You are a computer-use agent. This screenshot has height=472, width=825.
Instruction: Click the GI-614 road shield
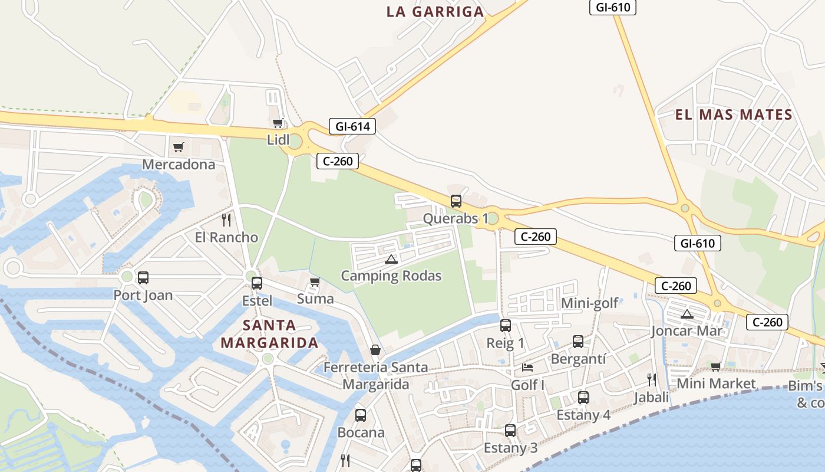(352, 126)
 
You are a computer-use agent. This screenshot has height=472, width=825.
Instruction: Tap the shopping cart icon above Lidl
(278, 123)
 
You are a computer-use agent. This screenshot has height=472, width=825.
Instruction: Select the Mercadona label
(179, 165)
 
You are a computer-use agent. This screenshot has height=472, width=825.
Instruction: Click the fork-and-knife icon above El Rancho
(226, 220)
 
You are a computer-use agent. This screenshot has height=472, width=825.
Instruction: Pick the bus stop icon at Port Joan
(143, 278)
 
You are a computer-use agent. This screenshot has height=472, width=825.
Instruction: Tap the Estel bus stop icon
(257, 283)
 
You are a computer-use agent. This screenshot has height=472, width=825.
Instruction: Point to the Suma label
(315, 299)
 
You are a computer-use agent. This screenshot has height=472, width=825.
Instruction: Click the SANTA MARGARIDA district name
(269, 334)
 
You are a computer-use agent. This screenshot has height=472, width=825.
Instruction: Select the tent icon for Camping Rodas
(391, 259)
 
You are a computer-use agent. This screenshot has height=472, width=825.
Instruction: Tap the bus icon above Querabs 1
(456, 201)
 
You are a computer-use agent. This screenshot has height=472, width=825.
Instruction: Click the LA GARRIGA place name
(435, 12)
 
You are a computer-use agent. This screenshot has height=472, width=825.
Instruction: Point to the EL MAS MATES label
(734, 114)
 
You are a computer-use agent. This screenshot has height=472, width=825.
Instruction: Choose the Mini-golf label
(589, 303)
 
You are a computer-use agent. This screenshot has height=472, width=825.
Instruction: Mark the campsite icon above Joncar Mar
(687, 314)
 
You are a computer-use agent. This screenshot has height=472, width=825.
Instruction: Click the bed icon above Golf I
(527, 368)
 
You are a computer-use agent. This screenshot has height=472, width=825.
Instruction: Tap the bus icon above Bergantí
(578, 342)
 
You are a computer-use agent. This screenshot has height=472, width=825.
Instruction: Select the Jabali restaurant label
(651, 397)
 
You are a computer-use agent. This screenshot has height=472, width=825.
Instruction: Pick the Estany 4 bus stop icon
(583, 398)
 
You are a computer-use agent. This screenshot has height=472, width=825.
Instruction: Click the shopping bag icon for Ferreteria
(375, 350)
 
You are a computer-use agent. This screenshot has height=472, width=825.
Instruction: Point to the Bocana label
(361, 432)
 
